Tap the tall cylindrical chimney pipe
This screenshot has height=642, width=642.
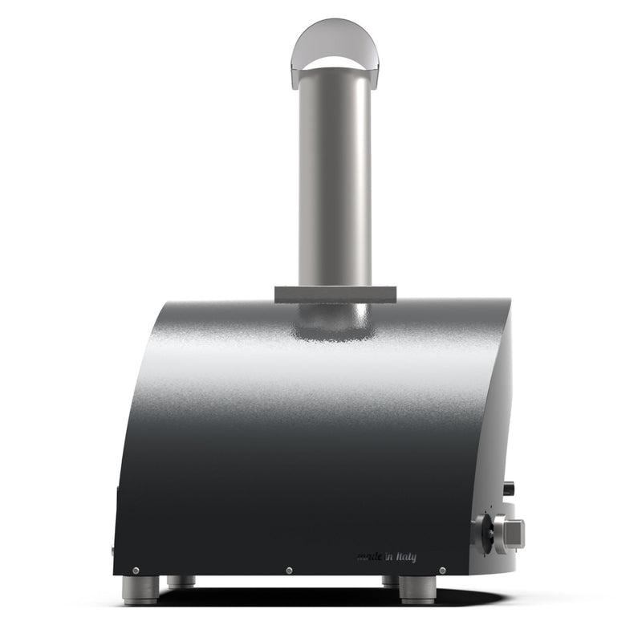(335, 177)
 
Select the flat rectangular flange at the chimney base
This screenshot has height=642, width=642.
(335, 295)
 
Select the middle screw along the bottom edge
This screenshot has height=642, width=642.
(289, 571)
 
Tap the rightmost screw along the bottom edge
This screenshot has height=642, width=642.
(442, 571)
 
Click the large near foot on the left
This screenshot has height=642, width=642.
(140, 590)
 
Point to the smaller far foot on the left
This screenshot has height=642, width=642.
(181, 582)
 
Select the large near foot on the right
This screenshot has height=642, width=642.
(417, 590)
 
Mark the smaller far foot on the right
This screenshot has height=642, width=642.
(390, 581)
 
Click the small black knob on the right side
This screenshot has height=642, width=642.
(509, 487)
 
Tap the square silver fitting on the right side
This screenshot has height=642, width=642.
(510, 532)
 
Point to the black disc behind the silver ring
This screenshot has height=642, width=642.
(482, 532)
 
